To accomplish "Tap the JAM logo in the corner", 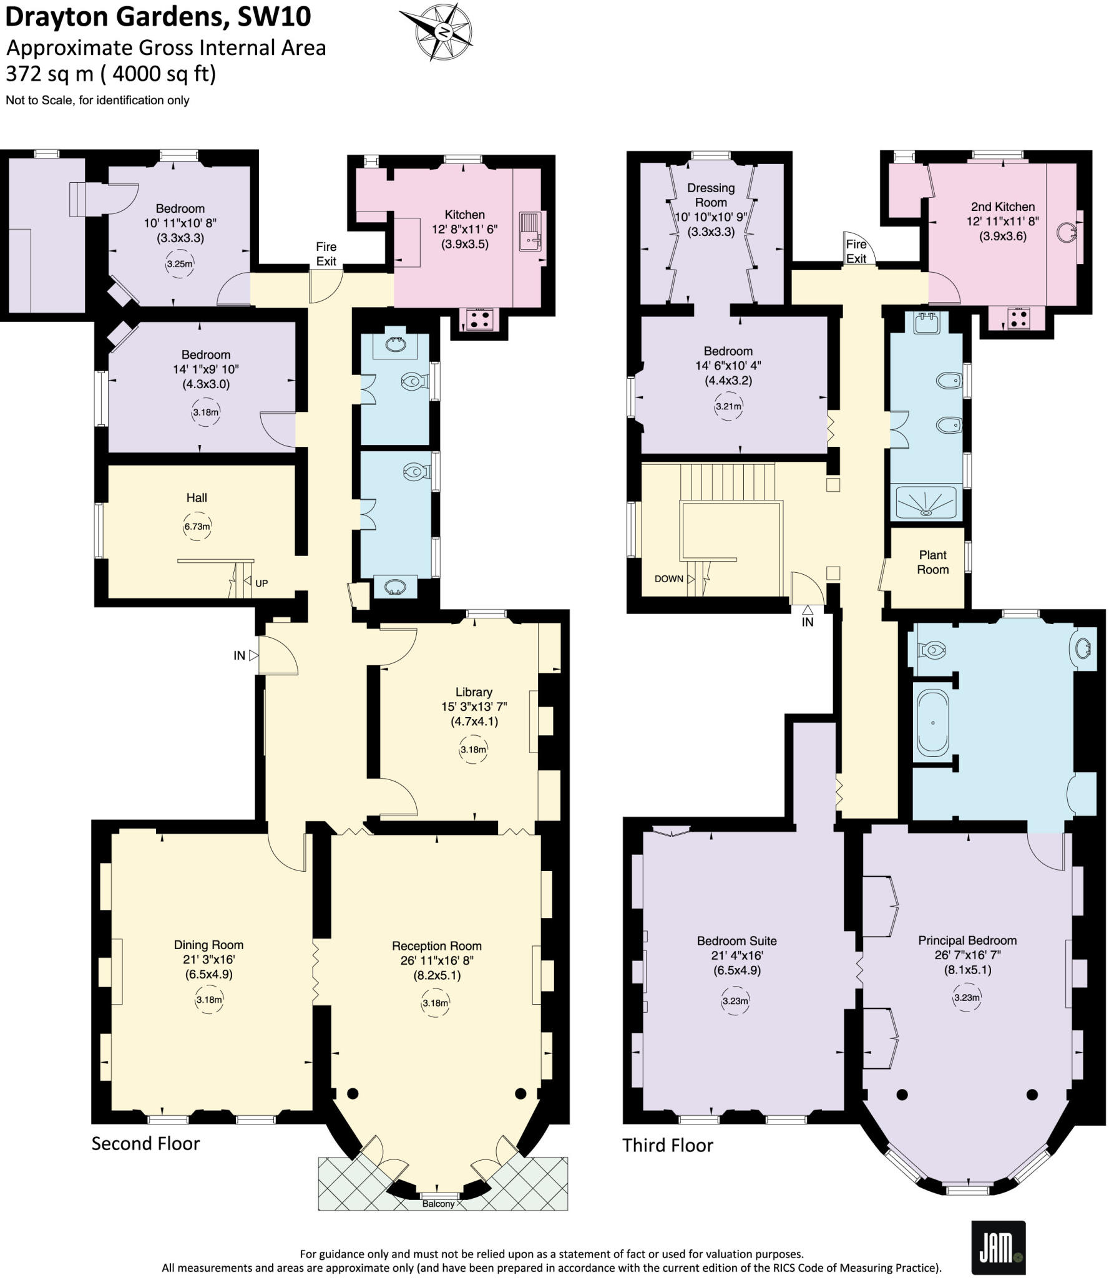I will pos(999,1247).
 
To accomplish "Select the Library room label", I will pos(474,692).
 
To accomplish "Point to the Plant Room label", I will pos(932,562).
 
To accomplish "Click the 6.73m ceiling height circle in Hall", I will pos(197,527).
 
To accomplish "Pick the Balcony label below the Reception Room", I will pos(438,1204).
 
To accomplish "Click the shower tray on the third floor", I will pos(926,504).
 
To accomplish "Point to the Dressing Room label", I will pos(711,195).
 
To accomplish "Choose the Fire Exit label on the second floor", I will pos(326,254).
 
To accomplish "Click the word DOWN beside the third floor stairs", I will pos(668,579).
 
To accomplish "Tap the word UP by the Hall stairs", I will pos(261,583).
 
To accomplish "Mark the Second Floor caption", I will pos(145,1144).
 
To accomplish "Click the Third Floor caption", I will pos(667,1145).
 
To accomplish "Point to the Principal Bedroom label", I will pos(967,940).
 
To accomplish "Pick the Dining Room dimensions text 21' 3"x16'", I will pos(208,960).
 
